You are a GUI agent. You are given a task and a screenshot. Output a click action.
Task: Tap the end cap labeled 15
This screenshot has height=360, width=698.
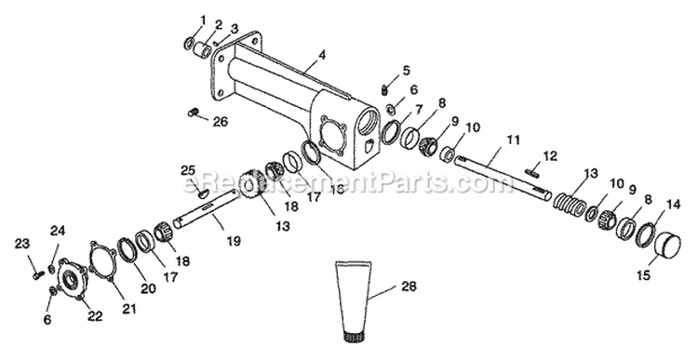tap(668, 245)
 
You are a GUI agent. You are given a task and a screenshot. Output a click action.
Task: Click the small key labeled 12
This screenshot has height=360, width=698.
tap(532, 171)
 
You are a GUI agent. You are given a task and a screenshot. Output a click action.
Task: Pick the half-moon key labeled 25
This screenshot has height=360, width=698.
tap(203, 193)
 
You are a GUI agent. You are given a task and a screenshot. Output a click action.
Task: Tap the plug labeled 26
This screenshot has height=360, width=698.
tap(193, 113)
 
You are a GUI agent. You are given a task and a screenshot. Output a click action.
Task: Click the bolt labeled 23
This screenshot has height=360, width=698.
tap(37, 275)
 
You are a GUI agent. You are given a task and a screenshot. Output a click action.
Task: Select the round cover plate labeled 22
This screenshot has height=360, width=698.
tap(73, 279)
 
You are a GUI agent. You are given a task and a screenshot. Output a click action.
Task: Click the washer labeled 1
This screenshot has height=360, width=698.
tap(189, 43)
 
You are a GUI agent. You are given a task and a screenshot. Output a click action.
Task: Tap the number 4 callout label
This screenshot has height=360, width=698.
tap(322, 56)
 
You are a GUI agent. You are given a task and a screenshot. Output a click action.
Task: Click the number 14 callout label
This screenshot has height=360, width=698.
tap(673, 205)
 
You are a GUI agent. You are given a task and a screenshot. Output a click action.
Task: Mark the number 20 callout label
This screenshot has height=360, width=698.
tap(149, 288)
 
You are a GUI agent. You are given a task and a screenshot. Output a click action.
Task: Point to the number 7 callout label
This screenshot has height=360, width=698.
tap(419, 110)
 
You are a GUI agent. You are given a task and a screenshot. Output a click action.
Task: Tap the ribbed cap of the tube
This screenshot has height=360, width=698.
tap(353, 338)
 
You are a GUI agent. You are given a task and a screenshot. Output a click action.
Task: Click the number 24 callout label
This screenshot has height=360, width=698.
tap(58, 231)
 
